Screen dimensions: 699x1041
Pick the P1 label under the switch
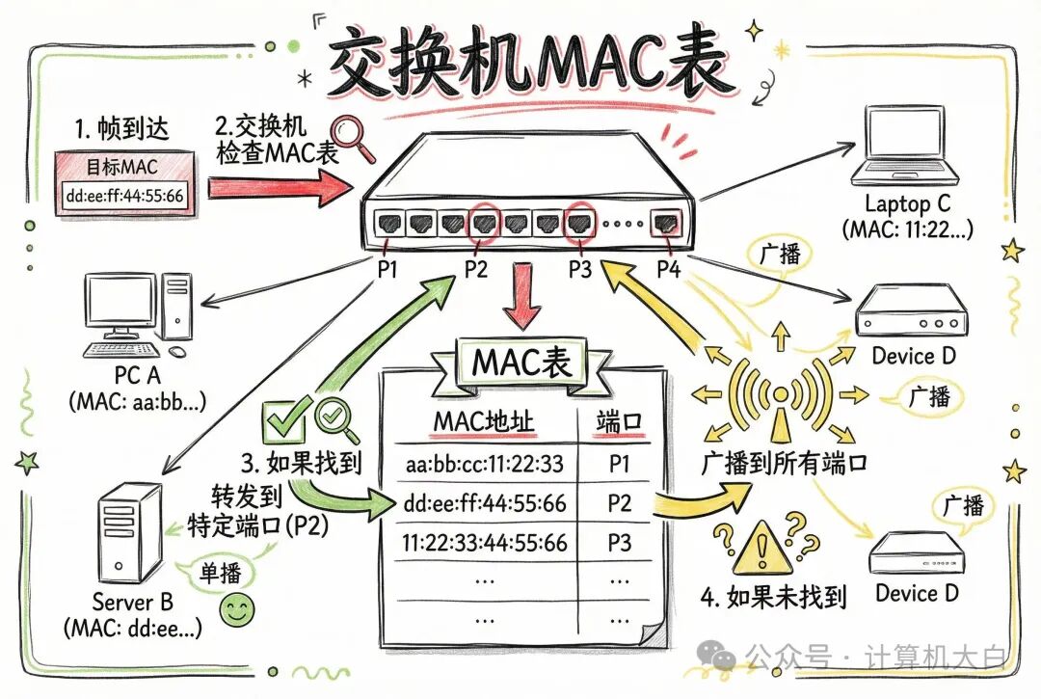[x=387, y=270]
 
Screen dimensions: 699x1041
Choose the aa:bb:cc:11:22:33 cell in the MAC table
[x=484, y=464]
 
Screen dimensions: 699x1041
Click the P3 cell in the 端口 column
[x=619, y=543]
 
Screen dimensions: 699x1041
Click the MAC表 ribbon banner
[x=521, y=361]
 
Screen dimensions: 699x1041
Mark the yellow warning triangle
[x=757, y=552]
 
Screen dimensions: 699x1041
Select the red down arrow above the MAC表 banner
[x=521, y=293]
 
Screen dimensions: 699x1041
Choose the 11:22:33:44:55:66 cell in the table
[x=484, y=543]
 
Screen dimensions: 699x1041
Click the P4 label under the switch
[x=667, y=270]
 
